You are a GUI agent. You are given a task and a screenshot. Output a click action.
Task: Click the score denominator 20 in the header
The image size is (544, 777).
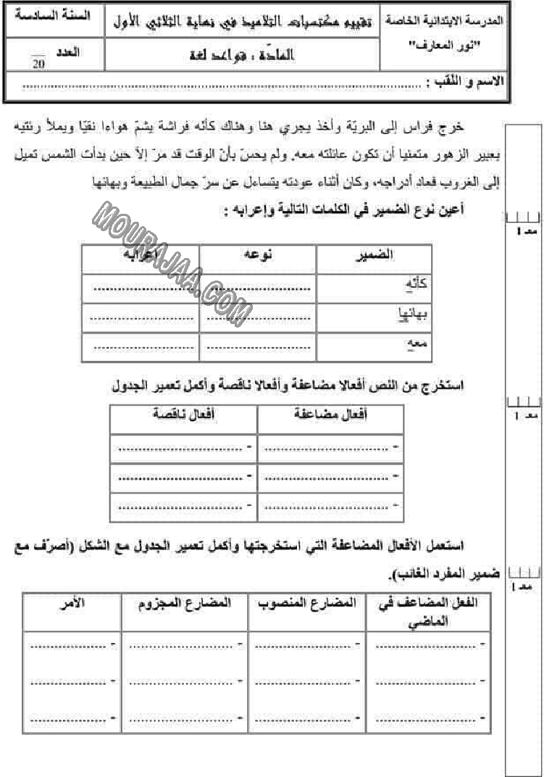click(x=38, y=66)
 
